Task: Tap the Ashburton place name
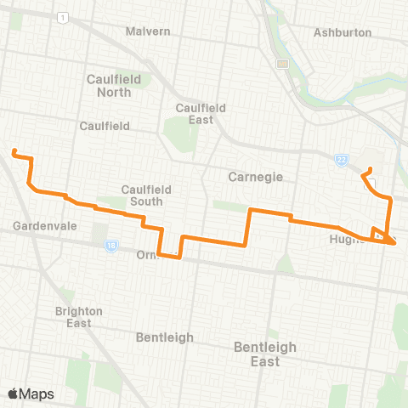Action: [343, 32]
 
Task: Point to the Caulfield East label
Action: [198, 114]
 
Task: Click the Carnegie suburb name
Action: [255, 178]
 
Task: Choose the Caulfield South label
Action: [146, 195]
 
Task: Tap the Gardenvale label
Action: [41, 227]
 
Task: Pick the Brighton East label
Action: [79, 317]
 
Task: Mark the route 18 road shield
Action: [111, 246]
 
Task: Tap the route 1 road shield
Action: [62, 17]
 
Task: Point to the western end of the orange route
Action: [14, 152]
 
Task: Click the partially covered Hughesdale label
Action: [348, 240]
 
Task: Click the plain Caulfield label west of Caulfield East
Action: [104, 126]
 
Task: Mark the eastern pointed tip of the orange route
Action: [396, 243]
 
